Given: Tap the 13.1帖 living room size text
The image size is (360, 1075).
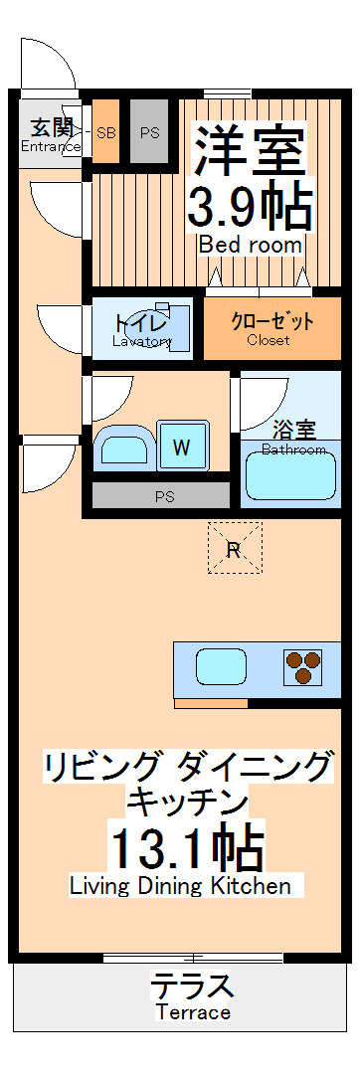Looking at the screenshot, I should click(187, 849).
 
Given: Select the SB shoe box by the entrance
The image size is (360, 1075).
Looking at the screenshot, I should click(106, 131).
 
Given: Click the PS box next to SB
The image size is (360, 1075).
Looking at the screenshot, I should click(149, 131).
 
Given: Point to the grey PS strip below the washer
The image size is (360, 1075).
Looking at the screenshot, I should click(158, 495).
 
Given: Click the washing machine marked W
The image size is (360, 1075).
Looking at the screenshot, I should click(180, 447).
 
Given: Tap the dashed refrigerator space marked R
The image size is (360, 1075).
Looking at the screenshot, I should click(234, 548).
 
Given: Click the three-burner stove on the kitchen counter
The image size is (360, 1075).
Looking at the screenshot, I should click(304, 667).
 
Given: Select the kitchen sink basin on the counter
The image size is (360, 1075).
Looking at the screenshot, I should click(221, 666).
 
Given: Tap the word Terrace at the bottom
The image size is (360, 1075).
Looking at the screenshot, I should click(192, 1013).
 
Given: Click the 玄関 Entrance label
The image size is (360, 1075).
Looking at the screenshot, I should click(50, 135).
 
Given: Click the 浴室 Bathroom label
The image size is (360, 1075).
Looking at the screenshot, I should click(293, 437).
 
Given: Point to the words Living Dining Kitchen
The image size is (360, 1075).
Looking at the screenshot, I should click(180, 886).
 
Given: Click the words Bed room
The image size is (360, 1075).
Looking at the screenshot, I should click(250, 246).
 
